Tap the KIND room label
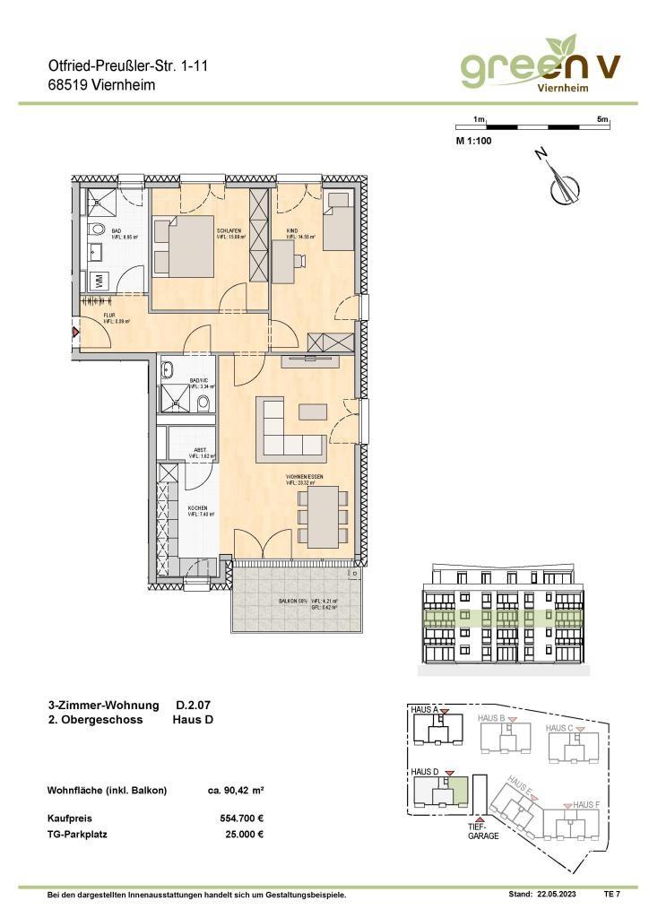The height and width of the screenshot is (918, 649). pos(292,230)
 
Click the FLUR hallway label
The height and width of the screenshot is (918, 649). pos(108,316)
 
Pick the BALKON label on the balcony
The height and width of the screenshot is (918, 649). pos(288,601)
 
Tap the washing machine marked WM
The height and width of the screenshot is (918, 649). pos(98,281)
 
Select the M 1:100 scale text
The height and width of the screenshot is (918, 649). pos(473,140)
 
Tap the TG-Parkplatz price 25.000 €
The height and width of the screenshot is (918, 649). pos(243,834)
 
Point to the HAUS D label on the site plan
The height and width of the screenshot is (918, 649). pos(424,771)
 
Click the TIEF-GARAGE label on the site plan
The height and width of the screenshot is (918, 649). pos(481,831)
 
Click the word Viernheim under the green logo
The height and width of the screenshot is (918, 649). pos(561,88)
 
